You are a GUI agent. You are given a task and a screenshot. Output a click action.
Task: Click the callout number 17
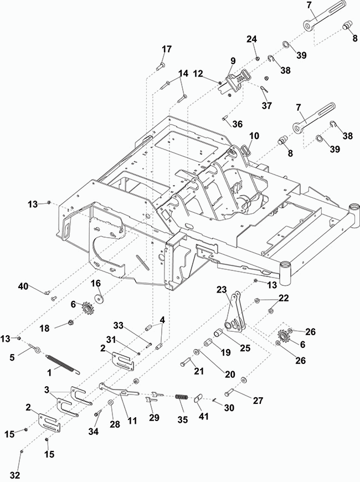coord(167,49)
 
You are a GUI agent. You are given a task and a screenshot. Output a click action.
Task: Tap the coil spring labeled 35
coord(182,397)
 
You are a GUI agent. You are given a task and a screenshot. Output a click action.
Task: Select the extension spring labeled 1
coord(63,364)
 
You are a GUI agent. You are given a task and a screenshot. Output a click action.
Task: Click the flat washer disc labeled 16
coord(99,298)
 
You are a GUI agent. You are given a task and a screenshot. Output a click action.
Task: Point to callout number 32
coord(14,475)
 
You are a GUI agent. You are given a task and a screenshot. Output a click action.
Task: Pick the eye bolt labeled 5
coord(34,348)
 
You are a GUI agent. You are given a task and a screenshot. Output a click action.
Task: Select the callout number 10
coord(254,136)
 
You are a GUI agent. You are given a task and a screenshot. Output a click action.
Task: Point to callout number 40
coord(23,286)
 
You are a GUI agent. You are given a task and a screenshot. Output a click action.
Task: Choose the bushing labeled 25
coord(219,333)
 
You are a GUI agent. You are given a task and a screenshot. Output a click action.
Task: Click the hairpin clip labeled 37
coord(264,89)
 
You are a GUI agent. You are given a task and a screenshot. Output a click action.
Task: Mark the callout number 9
coord(233,61)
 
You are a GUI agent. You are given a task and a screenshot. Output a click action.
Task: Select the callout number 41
coord(203,417)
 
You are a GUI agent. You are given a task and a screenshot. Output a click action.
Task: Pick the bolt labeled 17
coord(161,65)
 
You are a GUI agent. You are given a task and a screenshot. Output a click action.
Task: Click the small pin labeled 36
coord(224,119)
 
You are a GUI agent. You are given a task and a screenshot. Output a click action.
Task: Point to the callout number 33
coord(119,325)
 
